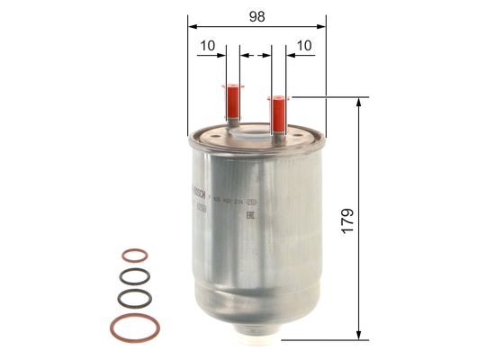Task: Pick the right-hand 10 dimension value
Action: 302,45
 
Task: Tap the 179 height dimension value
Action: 347,219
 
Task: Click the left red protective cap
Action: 233,97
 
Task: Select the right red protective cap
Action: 278,113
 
